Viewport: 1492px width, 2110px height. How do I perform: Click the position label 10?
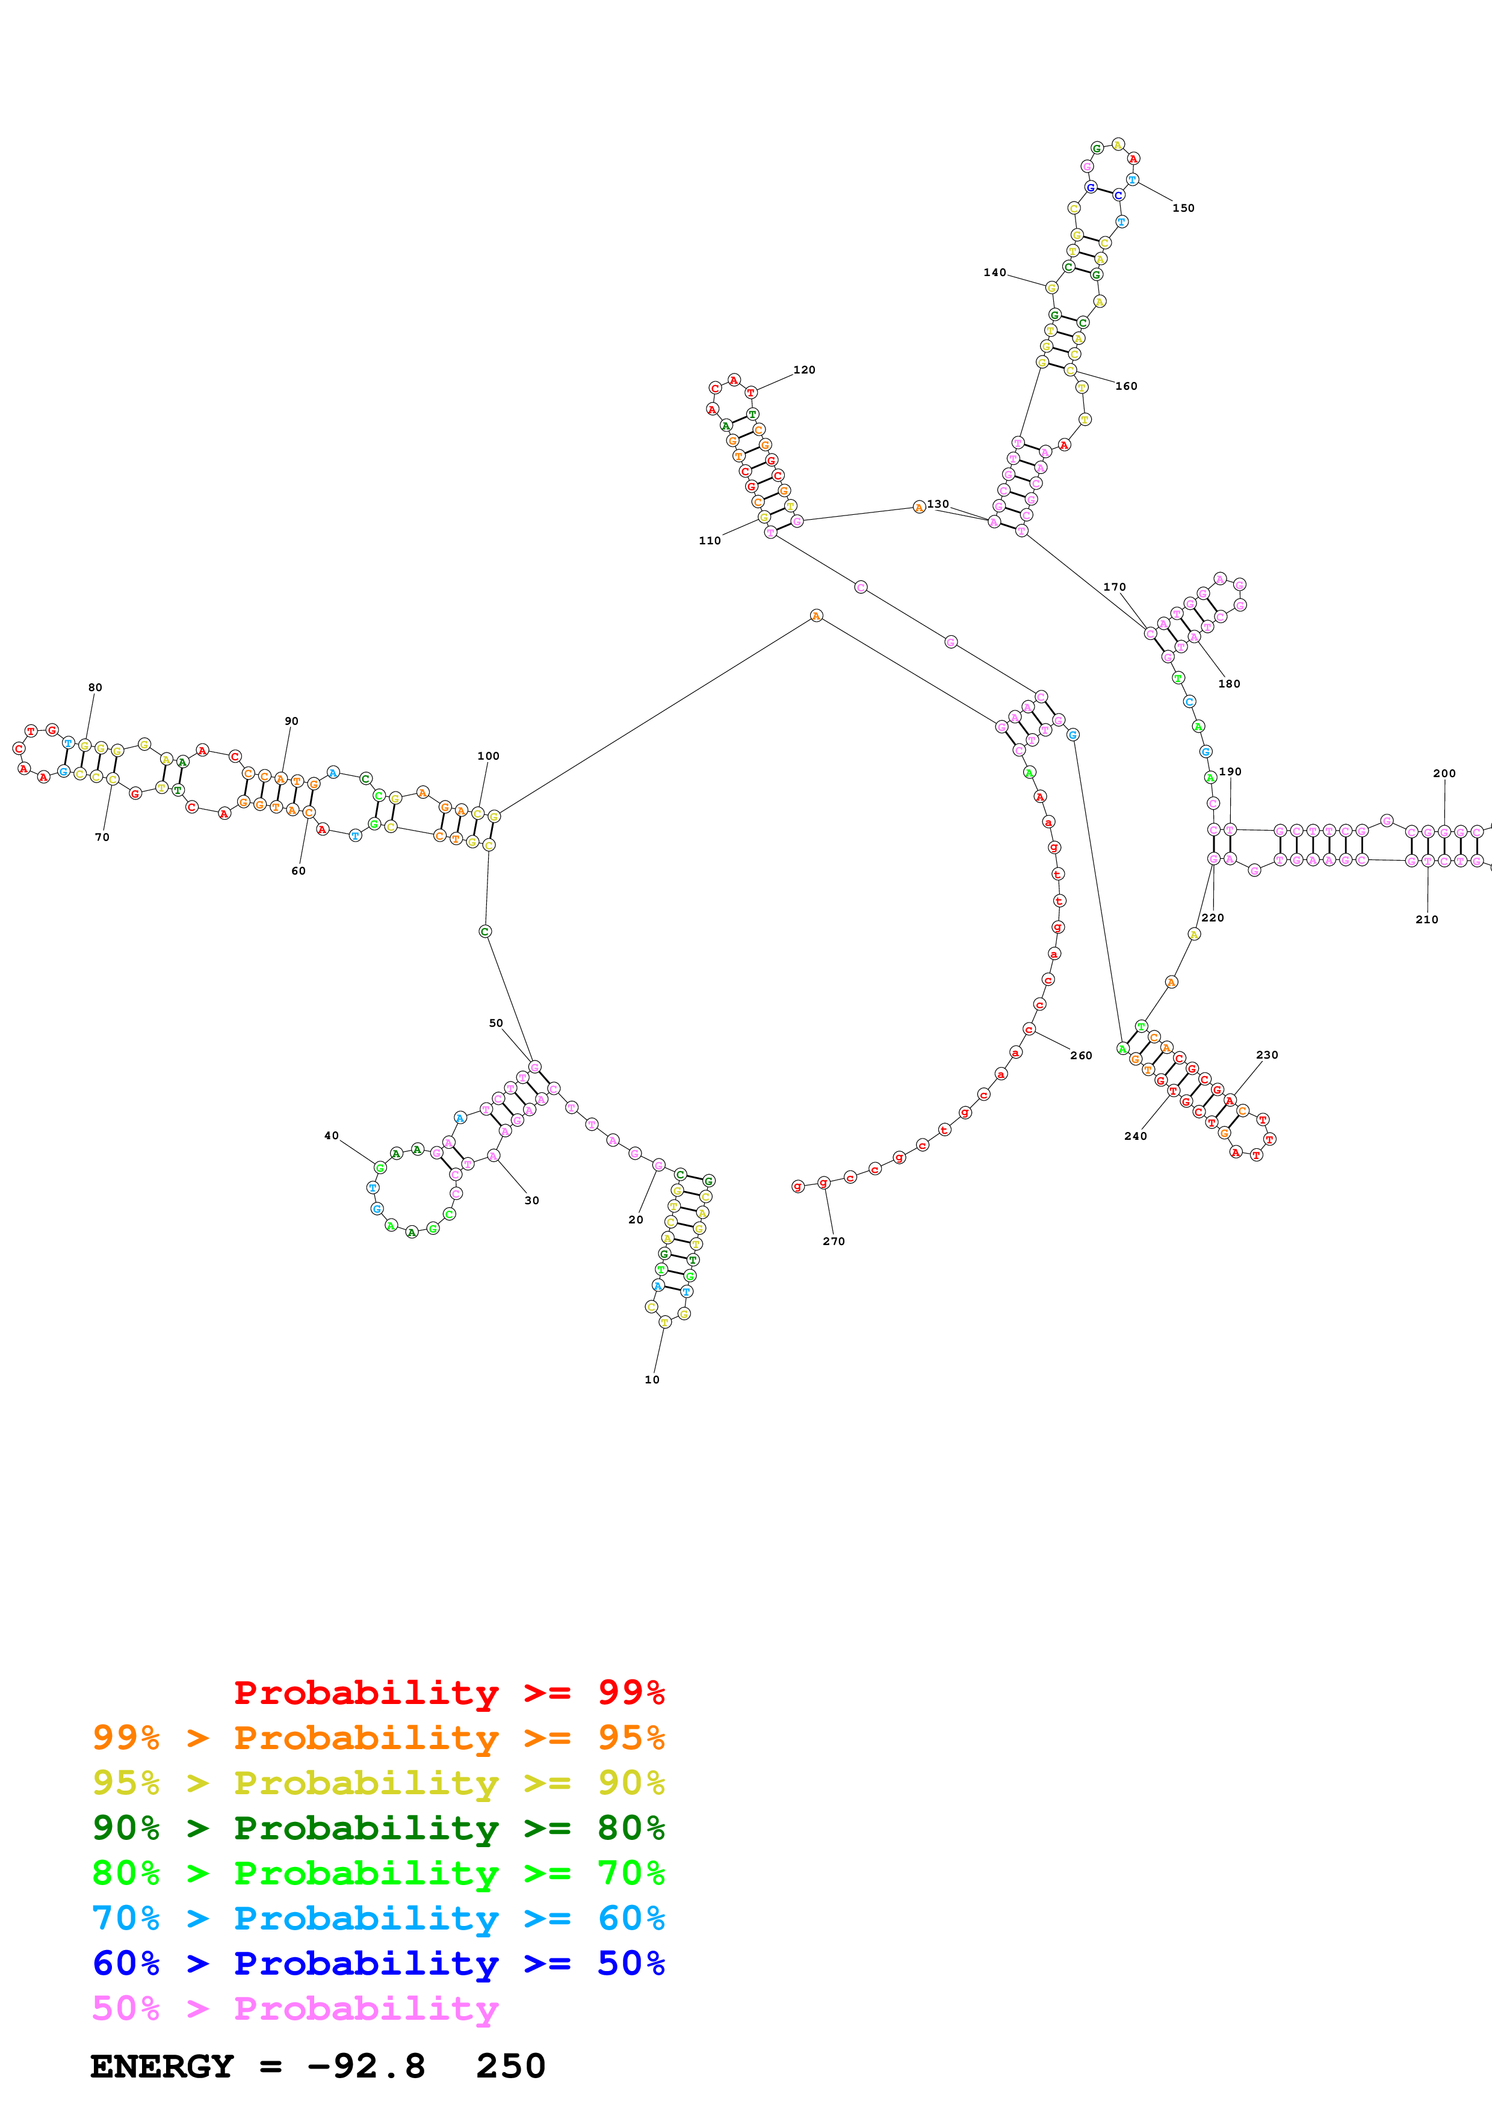652,1379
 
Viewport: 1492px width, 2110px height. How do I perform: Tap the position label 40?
331,1136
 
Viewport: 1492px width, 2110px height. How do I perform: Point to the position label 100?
488,756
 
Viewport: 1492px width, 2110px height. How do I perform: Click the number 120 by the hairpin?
804,371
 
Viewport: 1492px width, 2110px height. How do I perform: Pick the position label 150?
1183,209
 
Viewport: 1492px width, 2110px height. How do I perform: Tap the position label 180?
1229,684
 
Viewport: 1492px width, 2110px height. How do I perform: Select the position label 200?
1444,774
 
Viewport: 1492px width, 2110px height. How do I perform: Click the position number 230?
1267,1055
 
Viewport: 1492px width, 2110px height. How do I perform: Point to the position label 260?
1081,1056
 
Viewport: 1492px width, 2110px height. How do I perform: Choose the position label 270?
834,1241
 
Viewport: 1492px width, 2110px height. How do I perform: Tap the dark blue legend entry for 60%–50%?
378,1963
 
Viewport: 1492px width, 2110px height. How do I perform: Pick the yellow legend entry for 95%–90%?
378,1783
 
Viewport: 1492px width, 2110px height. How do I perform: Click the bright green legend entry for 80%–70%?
378,1873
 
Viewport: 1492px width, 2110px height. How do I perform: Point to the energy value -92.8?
366,2066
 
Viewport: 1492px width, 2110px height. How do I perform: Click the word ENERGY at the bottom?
162,2066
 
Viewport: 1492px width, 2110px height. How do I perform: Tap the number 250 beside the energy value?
511,2066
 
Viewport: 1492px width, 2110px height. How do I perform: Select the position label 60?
299,871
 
